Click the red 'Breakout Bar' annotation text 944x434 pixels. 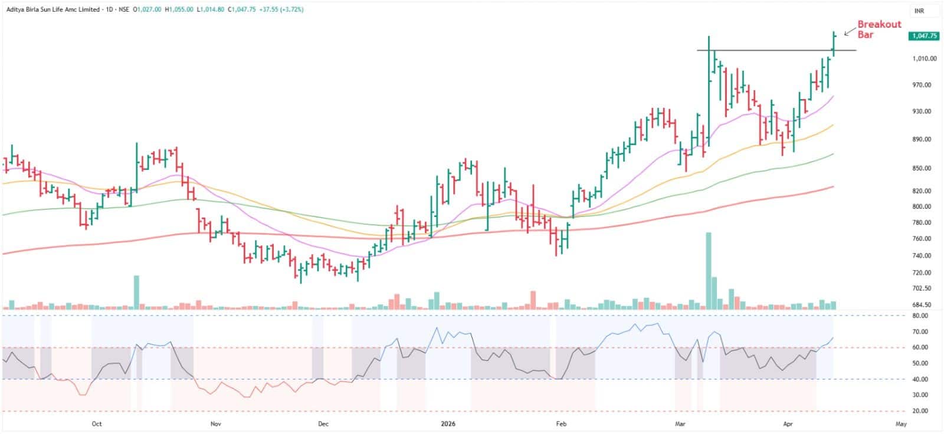(x=879, y=29)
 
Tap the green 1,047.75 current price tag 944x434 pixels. (x=924, y=36)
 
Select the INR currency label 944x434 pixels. (x=920, y=11)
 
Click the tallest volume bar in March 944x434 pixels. (x=709, y=271)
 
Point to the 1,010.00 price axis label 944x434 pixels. (x=925, y=58)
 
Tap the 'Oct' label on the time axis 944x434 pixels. (x=97, y=424)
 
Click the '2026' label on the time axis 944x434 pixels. (x=448, y=424)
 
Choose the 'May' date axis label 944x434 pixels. (x=901, y=424)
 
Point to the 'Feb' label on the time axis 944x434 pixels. (x=561, y=424)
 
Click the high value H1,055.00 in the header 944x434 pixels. (x=179, y=9)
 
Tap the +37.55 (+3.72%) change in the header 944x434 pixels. (x=281, y=9)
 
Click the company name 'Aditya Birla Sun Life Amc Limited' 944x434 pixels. (x=53, y=9)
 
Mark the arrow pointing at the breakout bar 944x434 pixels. (x=850, y=32)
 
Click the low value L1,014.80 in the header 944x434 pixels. (x=210, y=9)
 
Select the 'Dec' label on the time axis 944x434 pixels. (x=323, y=424)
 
